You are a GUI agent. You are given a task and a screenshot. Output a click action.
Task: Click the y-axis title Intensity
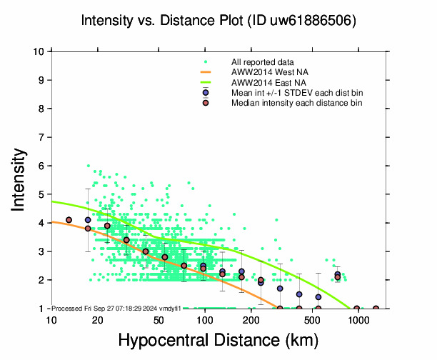(21, 179)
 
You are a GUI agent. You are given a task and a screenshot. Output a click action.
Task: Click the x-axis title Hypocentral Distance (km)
(218, 340)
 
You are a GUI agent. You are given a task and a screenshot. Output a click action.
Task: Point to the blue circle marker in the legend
(206, 93)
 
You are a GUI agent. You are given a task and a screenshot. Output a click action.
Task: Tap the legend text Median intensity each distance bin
(296, 103)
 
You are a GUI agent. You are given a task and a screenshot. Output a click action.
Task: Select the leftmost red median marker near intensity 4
(69, 220)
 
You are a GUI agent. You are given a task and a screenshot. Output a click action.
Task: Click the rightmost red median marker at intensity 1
(376, 309)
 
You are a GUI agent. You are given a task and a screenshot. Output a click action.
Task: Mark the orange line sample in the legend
(206, 72)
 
